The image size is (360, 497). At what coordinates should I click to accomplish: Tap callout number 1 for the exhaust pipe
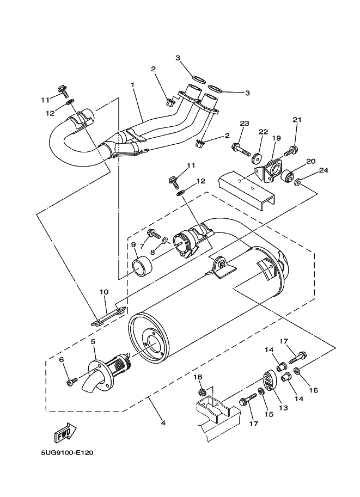point(132,84)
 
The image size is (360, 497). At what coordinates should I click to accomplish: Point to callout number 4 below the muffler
point(162,422)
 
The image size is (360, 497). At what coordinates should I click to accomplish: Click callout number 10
point(103,292)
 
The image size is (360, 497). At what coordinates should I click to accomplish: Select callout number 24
point(324,170)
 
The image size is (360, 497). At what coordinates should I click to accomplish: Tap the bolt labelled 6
point(70,383)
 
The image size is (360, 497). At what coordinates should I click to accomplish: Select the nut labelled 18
point(201,392)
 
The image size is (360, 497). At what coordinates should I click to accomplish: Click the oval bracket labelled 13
point(270,381)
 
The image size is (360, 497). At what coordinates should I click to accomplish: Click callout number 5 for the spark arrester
point(93,341)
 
